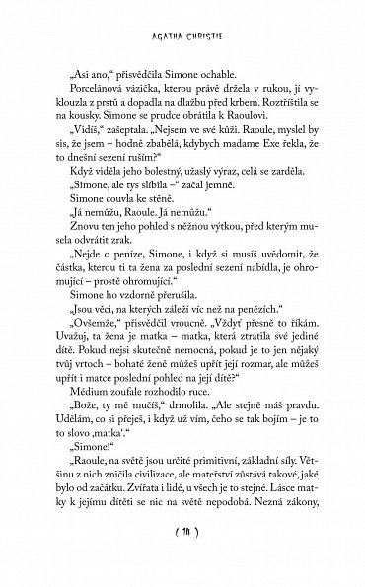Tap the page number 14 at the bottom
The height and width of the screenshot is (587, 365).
point(182,559)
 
